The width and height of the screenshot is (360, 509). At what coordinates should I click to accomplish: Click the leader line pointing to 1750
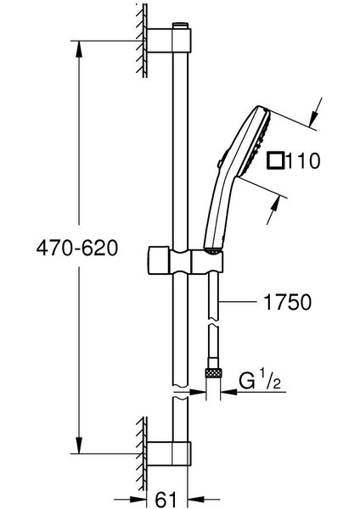241,301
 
